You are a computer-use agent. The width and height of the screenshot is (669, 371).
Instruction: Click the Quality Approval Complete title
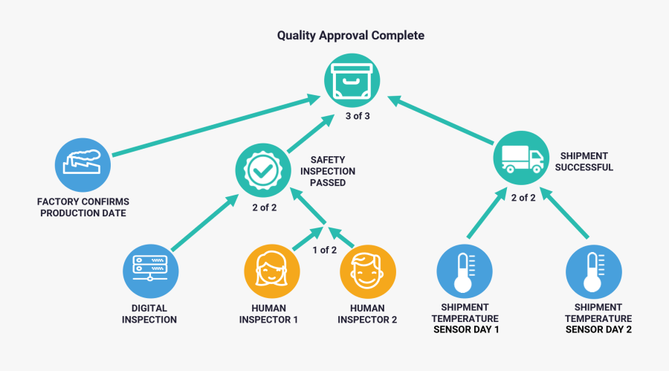click(x=351, y=35)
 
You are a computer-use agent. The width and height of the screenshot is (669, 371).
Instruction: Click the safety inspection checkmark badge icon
click(x=262, y=171)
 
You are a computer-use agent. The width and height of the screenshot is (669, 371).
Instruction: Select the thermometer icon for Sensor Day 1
click(x=463, y=271)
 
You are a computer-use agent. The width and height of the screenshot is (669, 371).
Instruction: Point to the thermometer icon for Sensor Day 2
click(x=592, y=271)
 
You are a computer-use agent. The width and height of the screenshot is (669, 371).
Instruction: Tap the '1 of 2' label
click(x=325, y=250)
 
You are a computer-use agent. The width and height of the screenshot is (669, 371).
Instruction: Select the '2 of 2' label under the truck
click(x=523, y=197)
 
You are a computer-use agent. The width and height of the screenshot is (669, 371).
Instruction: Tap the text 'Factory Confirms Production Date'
click(x=83, y=207)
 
